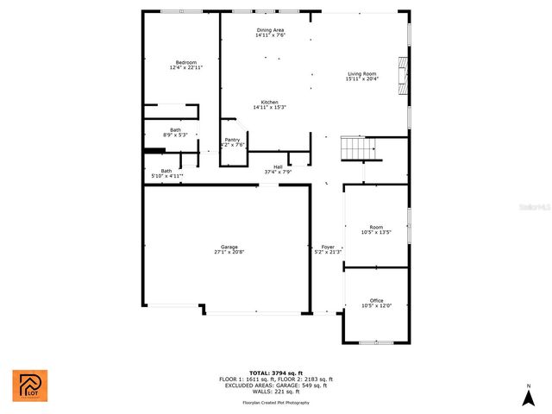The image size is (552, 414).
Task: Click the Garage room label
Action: click(229, 248)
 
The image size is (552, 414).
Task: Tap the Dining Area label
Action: click(270, 30)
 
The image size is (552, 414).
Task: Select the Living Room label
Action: click(361, 74)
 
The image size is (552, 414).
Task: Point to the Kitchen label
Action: click(270, 102)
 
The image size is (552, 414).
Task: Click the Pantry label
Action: click(232, 140)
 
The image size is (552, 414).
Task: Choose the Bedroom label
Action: click(186, 62)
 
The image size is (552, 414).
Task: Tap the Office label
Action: click(376, 301)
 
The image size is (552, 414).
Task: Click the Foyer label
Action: click(328, 248)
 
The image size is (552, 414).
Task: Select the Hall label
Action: click(278, 166)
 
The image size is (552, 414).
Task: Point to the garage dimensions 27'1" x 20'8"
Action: click(229, 252)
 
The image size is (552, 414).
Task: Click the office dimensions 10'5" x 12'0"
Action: click(376, 306)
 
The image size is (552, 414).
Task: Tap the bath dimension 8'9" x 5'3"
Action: click(175, 135)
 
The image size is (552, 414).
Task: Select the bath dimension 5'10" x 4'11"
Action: click(167, 176)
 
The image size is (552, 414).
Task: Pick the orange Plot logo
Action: click(30, 386)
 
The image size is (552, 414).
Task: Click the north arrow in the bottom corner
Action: click(527, 396)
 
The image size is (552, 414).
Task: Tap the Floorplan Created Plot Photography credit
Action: click(275, 403)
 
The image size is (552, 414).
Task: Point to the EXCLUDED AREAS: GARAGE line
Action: click(275, 385)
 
